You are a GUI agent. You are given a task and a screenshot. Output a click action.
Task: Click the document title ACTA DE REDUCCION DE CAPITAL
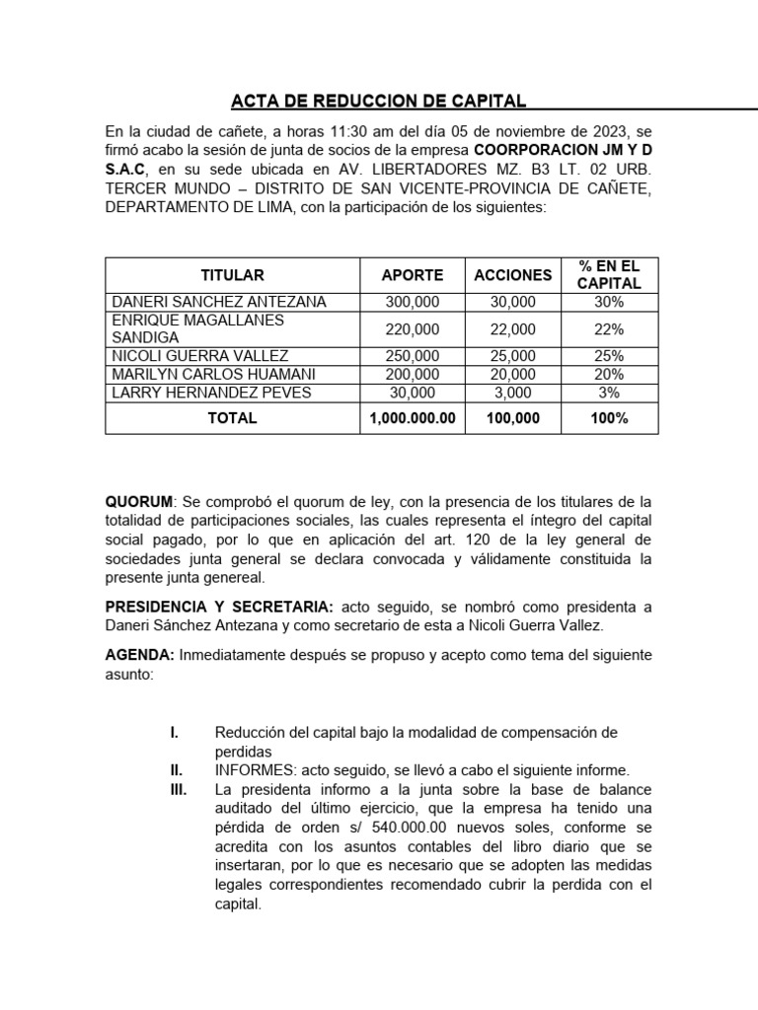click(378, 101)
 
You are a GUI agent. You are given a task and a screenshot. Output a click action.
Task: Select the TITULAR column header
click(232, 275)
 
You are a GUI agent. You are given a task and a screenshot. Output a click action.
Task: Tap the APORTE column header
click(413, 275)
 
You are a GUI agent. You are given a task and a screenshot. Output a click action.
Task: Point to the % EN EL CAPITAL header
click(609, 275)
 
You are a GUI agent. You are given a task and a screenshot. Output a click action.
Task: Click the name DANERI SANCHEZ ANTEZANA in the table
click(219, 302)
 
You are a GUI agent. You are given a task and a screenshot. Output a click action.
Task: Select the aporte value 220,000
click(413, 328)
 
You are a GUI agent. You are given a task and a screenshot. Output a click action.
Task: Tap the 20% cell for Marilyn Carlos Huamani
click(609, 374)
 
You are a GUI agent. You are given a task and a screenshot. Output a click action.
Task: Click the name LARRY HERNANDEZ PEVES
click(211, 393)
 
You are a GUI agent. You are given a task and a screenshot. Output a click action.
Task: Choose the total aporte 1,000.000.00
click(413, 418)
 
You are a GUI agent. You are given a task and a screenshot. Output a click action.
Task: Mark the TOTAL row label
click(232, 418)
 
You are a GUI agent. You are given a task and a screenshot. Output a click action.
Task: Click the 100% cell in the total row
click(609, 418)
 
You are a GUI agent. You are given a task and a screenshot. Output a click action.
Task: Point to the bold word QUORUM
click(138, 501)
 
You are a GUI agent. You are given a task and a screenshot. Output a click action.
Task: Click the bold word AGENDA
click(139, 655)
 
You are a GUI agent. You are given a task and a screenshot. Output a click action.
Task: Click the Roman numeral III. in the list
click(178, 790)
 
